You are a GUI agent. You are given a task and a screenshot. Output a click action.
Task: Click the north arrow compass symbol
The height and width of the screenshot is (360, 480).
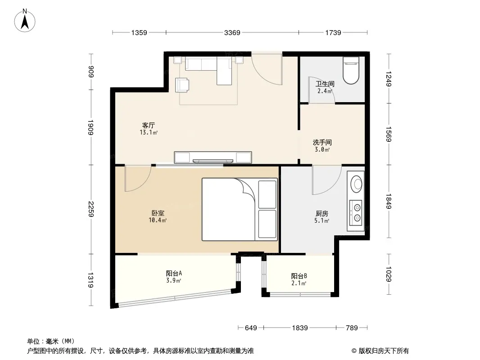coord(25,21)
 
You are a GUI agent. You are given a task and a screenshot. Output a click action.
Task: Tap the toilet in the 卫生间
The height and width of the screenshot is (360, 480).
coord(351,70)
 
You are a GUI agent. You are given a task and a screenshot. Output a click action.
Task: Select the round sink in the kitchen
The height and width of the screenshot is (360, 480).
coord(356,184)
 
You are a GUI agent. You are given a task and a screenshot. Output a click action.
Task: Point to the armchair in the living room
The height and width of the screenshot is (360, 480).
coord(182,85)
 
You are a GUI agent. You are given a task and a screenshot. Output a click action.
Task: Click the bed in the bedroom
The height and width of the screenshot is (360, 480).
coord(240,210)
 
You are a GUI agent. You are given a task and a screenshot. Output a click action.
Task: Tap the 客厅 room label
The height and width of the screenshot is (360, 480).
coord(149,126)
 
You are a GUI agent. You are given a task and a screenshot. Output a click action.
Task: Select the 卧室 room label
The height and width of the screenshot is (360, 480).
coord(158,213)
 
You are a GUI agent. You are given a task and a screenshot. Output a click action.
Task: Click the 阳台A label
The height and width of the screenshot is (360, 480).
coord(174,273)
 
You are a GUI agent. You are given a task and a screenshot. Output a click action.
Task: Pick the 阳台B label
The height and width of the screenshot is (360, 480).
coord(299,276)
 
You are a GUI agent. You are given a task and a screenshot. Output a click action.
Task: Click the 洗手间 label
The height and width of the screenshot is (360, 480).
coord(322,143)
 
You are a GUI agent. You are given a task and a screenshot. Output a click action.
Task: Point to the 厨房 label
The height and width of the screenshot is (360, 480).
coord(322,213)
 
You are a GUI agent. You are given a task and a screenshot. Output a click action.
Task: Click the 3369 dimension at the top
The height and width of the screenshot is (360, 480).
coord(232,33)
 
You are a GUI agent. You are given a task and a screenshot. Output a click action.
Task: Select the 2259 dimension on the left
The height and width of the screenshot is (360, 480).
coord(91,209)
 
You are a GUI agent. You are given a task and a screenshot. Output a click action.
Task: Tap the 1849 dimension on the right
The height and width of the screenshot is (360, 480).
coord(389,201)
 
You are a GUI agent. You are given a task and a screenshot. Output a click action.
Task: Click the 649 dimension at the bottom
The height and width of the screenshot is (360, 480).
coord(251,328)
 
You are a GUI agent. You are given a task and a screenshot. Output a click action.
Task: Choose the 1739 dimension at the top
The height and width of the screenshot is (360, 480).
coord(333,33)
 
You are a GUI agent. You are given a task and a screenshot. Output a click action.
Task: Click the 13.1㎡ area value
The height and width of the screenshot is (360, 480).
coord(149,132)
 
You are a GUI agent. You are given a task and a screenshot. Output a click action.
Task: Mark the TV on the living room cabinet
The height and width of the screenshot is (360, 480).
coord(213,161)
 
